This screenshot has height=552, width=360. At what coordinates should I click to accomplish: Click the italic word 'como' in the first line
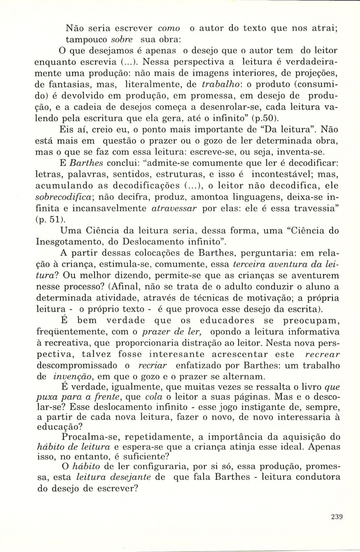click(169, 28)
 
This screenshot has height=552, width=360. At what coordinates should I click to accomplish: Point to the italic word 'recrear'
click(323, 354)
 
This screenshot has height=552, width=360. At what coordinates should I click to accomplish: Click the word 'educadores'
click(227, 321)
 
